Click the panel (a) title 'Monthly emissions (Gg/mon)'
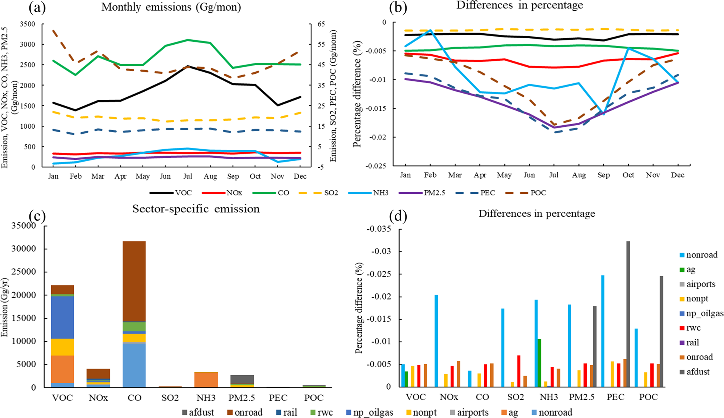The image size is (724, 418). tap(171, 7)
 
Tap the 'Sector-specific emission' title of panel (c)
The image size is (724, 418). tap(196, 209)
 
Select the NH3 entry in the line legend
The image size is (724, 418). tap(380, 193)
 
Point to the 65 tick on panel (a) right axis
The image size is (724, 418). tap(321, 24)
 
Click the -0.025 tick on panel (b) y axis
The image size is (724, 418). tap(375, 166)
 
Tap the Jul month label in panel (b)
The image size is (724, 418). tap(554, 175)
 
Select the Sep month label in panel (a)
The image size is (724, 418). tap(233, 177)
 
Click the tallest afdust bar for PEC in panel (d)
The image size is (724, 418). tap(628, 313)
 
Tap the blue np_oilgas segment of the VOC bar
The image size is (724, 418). tap(62, 317)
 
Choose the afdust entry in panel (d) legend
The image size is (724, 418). tap(698, 372)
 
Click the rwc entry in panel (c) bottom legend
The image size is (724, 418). tap(325, 413)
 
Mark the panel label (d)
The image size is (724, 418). tap(397, 217)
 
